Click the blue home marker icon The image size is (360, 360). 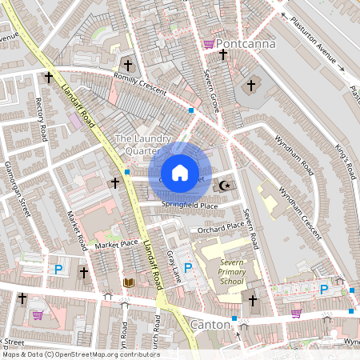click(x=180, y=173)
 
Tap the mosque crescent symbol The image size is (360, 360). click(x=225, y=186)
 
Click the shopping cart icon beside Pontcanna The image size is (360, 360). click(x=209, y=44)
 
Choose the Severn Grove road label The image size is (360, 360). click(x=211, y=91)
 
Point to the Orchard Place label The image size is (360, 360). click(x=222, y=228)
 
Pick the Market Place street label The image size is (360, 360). click(x=117, y=243)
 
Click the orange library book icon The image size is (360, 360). click(x=128, y=282)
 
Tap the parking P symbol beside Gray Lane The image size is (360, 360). click(x=188, y=268)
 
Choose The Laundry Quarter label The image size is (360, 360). click(x=138, y=145)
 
